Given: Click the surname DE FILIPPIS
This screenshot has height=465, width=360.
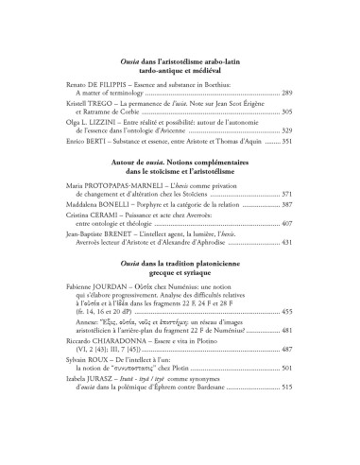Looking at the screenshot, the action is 107,84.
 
